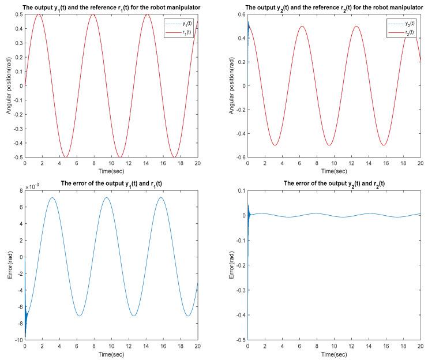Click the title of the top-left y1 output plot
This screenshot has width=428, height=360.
pyautogui.click(x=111, y=7)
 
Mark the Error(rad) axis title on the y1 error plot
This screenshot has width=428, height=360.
pyautogui.click(x=9, y=265)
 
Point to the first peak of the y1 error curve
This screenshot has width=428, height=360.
pyautogui.click(x=52, y=198)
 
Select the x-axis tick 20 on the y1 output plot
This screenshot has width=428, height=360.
pyautogui.click(x=197, y=164)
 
